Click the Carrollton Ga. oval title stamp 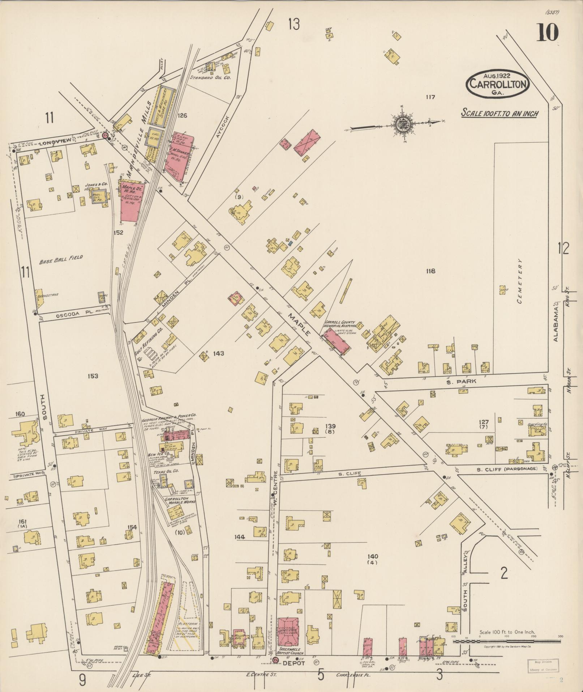(498, 84)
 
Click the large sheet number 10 (548, 32)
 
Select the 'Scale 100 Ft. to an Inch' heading (500, 113)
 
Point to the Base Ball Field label (61, 258)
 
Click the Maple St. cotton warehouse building (129, 201)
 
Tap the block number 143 (218, 353)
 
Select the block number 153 (93, 376)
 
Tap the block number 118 (430, 271)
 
